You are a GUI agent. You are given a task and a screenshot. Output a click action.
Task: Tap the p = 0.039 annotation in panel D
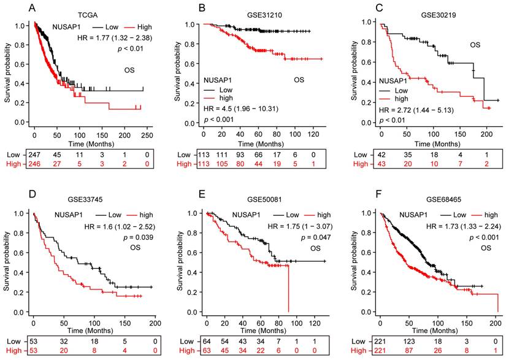click(129, 241)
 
